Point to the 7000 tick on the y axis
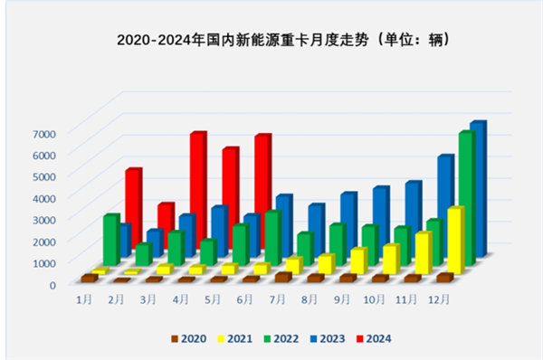pyautogui.click(x=45, y=133)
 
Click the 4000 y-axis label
pyautogui.click(x=45, y=197)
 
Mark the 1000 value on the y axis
pyautogui.click(x=45, y=262)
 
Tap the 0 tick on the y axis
pyautogui.click(x=53, y=284)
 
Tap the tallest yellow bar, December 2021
pyautogui.click(x=455, y=240)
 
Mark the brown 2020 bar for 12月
pyautogui.click(x=444, y=278)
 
